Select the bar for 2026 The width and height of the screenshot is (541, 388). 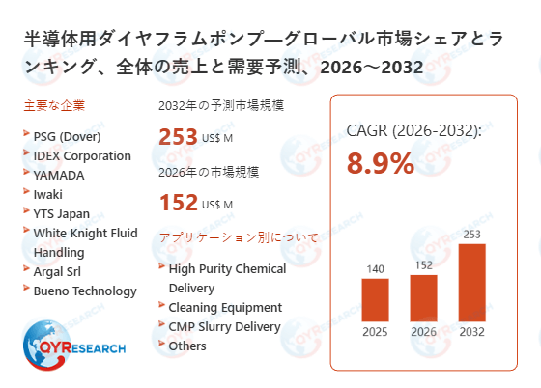tap(424, 298)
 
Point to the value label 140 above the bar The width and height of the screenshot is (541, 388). tap(375, 268)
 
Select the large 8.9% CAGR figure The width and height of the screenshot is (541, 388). tap(381, 163)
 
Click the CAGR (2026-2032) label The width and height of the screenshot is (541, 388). tap(413, 130)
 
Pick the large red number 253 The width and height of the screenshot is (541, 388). tap(179, 137)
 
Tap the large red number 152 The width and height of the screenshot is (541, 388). tap(179, 202)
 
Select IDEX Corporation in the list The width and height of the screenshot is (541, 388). tap(81, 155)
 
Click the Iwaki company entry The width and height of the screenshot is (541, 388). tap(49, 194)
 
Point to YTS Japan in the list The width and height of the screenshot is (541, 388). tap(61, 213)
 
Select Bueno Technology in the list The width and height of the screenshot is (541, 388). tap(84, 291)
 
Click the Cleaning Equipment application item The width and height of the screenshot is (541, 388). tap(225, 307)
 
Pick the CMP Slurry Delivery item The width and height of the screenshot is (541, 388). tap(226, 326)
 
